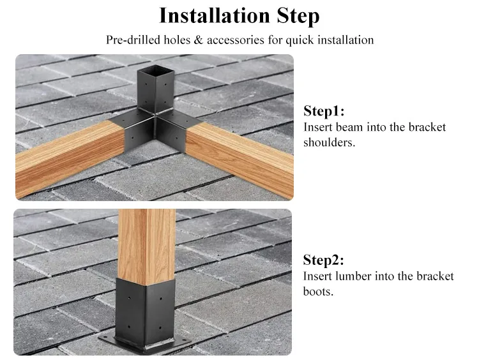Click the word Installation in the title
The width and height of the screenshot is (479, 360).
(x=214, y=15)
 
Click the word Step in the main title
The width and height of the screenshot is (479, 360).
(x=298, y=17)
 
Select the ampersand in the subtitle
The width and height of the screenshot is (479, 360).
(x=198, y=40)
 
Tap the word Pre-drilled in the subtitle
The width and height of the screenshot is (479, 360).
(x=133, y=40)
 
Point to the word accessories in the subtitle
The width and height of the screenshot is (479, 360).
(x=236, y=40)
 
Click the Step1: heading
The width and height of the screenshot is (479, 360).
(x=324, y=110)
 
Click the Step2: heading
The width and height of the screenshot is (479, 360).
(x=324, y=260)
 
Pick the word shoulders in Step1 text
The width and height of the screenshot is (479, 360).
(x=330, y=142)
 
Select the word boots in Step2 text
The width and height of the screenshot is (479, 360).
(x=318, y=291)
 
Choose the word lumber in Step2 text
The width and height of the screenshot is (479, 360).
(x=353, y=276)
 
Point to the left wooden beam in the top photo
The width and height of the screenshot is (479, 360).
(x=70, y=158)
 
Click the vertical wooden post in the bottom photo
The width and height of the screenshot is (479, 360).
(x=146, y=246)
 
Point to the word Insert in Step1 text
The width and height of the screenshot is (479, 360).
(x=318, y=127)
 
